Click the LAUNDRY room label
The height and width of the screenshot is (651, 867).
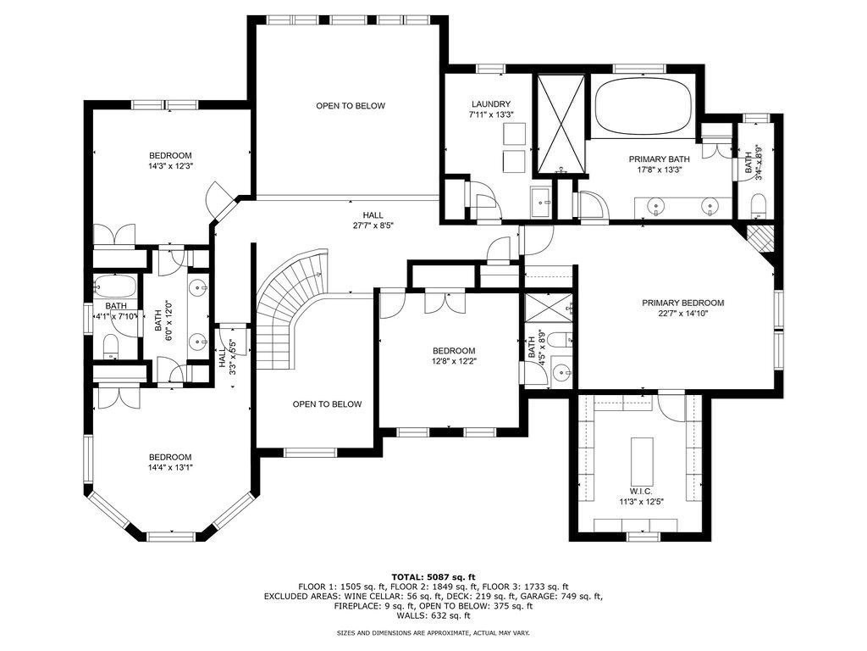click(491, 104)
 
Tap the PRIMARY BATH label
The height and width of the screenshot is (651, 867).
click(659, 159)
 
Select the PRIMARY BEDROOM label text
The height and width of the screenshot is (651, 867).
click(683, 303)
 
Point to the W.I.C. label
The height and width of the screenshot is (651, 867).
click(640, 492)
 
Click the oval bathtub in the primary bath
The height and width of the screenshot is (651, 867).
click(643, 106)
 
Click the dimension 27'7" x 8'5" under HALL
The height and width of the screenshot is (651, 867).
click(373, 225)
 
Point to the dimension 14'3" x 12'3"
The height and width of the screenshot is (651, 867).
click(170, 165)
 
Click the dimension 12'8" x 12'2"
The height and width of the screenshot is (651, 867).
click(454, 360)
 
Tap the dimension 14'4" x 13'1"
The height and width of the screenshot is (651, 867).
click(170, 467)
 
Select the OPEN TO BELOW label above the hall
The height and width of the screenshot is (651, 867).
click(351, 106)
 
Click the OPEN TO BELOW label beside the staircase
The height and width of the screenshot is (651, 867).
click(327, 404)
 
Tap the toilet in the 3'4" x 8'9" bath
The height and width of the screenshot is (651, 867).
click(758, 205)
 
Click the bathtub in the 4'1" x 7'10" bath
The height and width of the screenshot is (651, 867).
click(114, 287)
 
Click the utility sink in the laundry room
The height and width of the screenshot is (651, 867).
click(540, 202)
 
